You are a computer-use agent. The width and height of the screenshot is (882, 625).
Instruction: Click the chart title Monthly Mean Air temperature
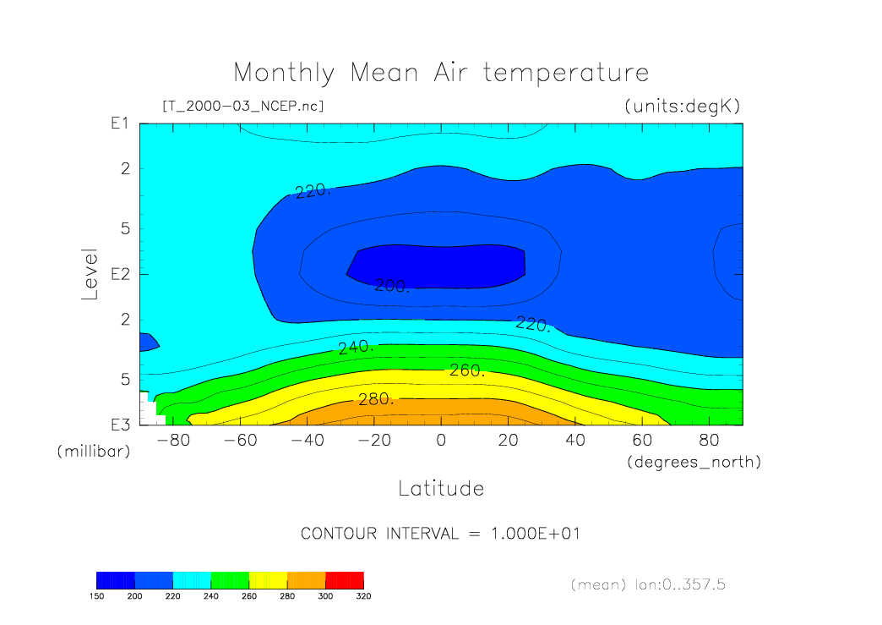point(441,73)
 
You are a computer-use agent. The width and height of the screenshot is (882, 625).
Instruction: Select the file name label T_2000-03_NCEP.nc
point(242,107)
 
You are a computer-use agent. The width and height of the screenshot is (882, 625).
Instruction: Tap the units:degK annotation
point(682,107)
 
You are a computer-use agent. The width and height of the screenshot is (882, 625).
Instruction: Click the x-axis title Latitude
point(441,488)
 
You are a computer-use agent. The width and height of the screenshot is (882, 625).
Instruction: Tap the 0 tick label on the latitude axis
point(441,441)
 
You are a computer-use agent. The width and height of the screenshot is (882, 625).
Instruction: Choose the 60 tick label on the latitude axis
point(642,441)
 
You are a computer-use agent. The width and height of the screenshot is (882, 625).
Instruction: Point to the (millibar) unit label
point(94,452)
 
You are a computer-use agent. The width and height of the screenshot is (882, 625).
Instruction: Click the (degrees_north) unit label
point(694,462)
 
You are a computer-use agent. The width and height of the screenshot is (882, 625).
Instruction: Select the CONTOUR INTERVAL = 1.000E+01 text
point(440,534)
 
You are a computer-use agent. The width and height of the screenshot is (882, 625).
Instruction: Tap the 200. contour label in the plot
point(392,287)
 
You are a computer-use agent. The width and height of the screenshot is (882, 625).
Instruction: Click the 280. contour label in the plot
point(376,399)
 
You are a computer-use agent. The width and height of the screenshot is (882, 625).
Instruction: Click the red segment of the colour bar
point(344,579)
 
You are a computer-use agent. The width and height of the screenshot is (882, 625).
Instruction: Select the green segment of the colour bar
point(230,579)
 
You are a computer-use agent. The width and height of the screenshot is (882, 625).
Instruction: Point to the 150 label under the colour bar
point(96,595)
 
